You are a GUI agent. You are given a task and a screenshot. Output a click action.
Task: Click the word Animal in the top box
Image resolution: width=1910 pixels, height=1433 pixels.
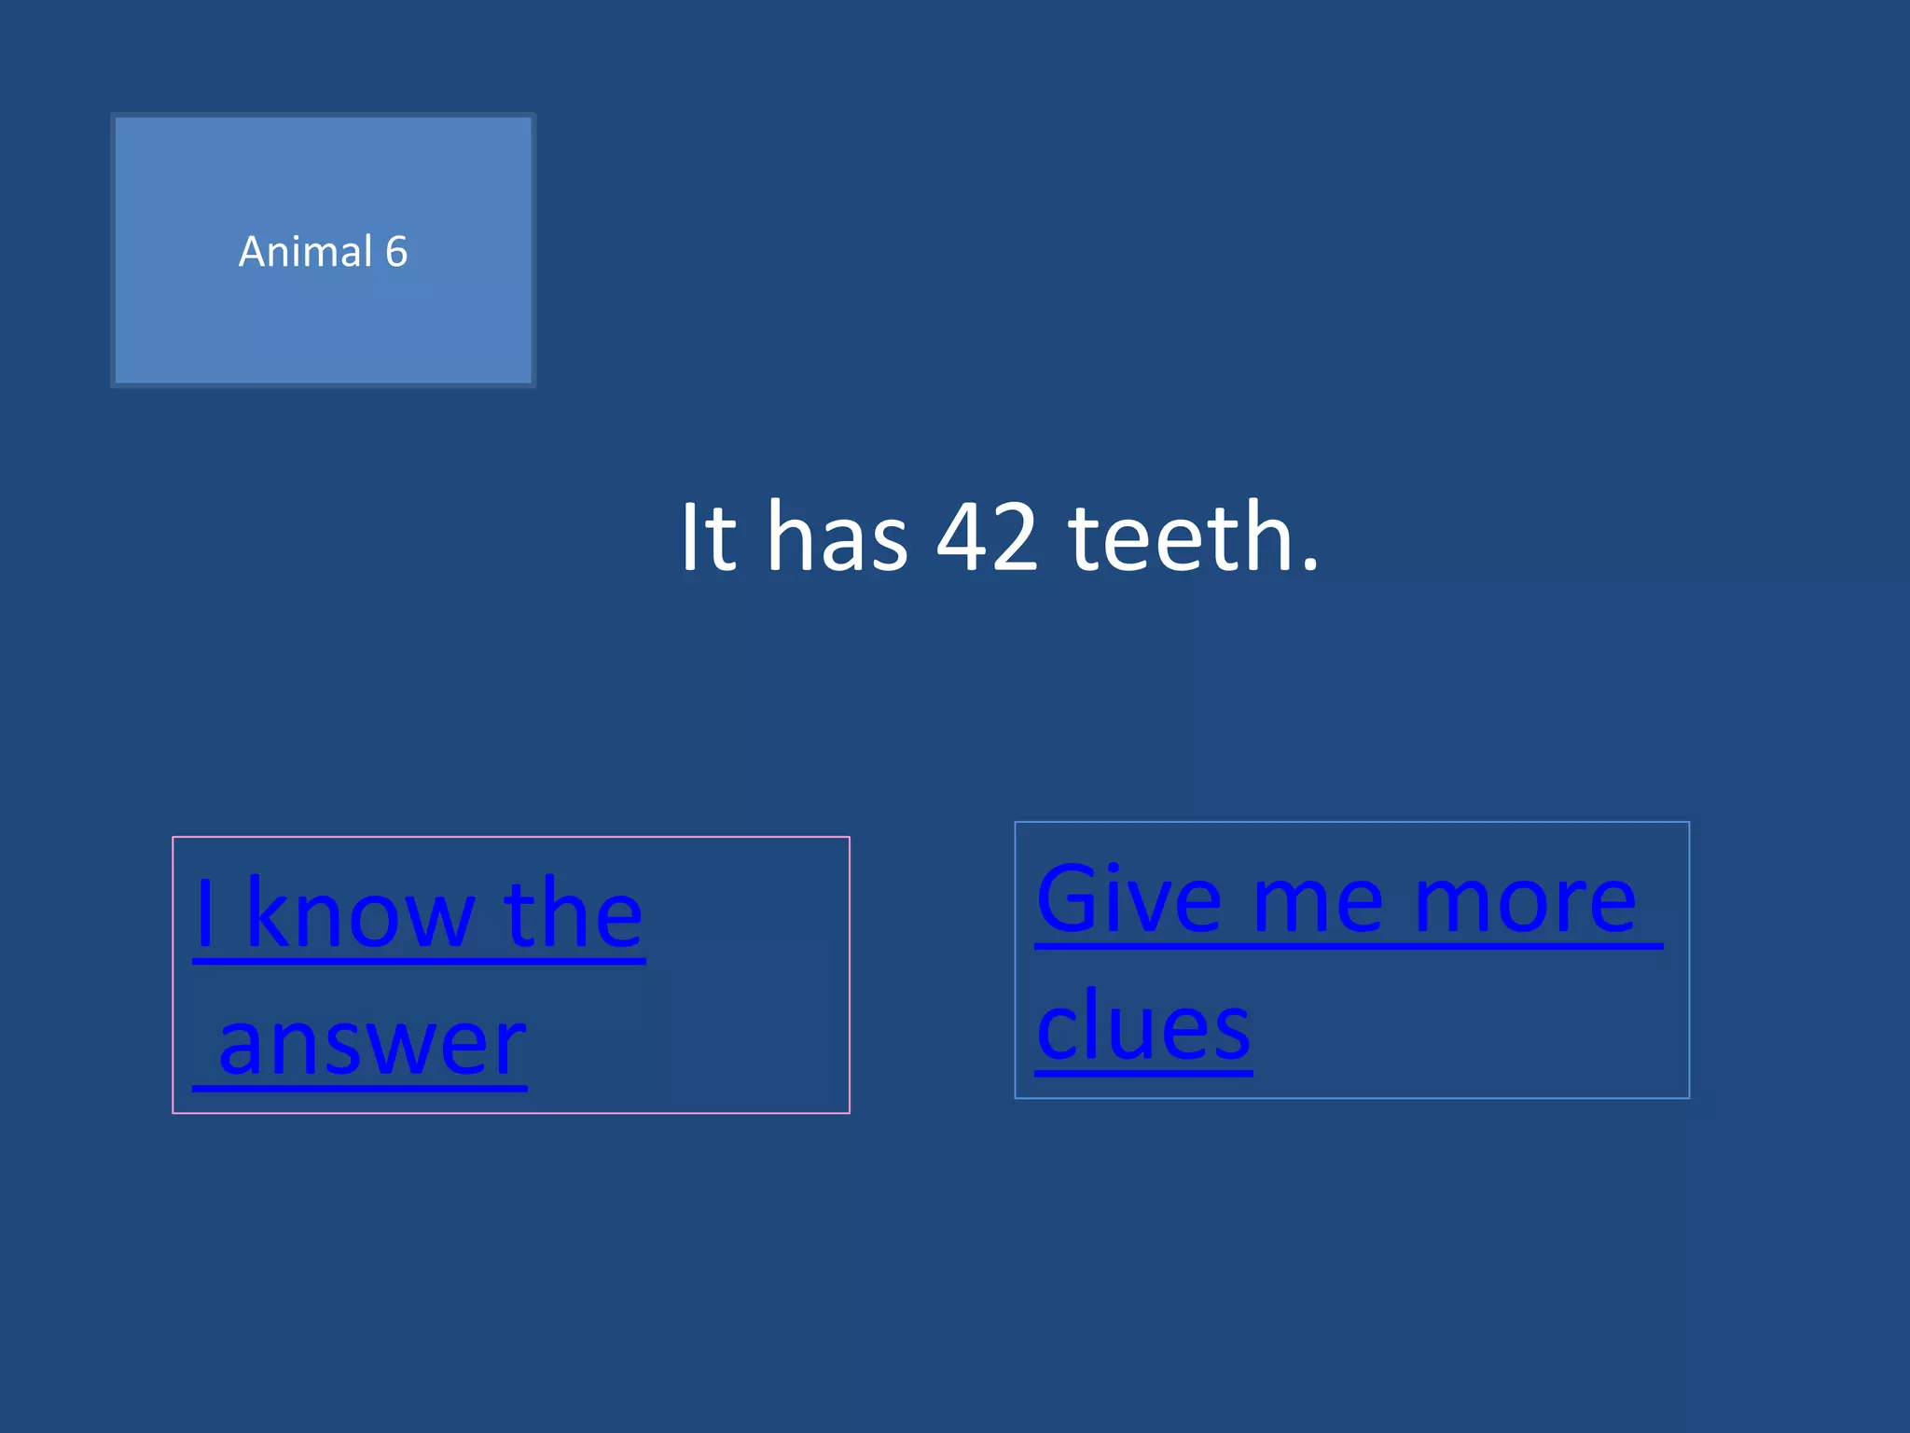(x=305, y=252)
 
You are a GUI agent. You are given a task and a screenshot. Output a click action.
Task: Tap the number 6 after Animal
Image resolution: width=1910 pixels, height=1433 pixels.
(x=396, y=252)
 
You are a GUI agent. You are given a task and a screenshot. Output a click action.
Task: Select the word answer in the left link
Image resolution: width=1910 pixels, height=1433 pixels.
(x=372, y=1043)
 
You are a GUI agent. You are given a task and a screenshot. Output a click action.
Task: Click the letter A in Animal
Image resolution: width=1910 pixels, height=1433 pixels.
(x=253, y=252)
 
